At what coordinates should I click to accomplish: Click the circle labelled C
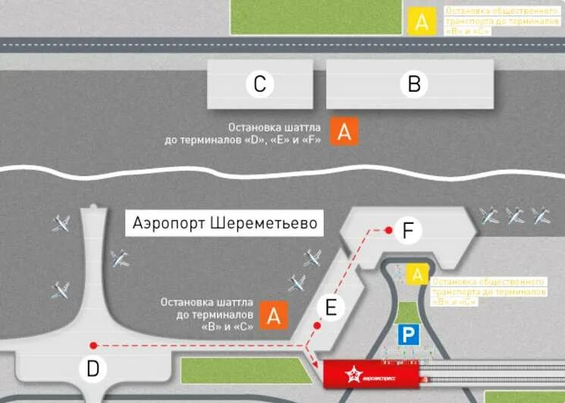coord(259,84)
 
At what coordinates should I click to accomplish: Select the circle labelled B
coord(414,84)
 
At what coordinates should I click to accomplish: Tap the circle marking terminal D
coord(93,369)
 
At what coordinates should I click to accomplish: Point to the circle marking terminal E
coord(330,307)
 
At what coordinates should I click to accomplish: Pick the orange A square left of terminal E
coord(274,315)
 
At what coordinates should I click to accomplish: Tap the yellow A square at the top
coord(421,22)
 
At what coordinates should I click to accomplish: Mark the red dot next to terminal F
coord(388,229)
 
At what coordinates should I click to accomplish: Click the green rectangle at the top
coord(315,16)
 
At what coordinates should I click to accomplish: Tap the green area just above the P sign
coord(410,312)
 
